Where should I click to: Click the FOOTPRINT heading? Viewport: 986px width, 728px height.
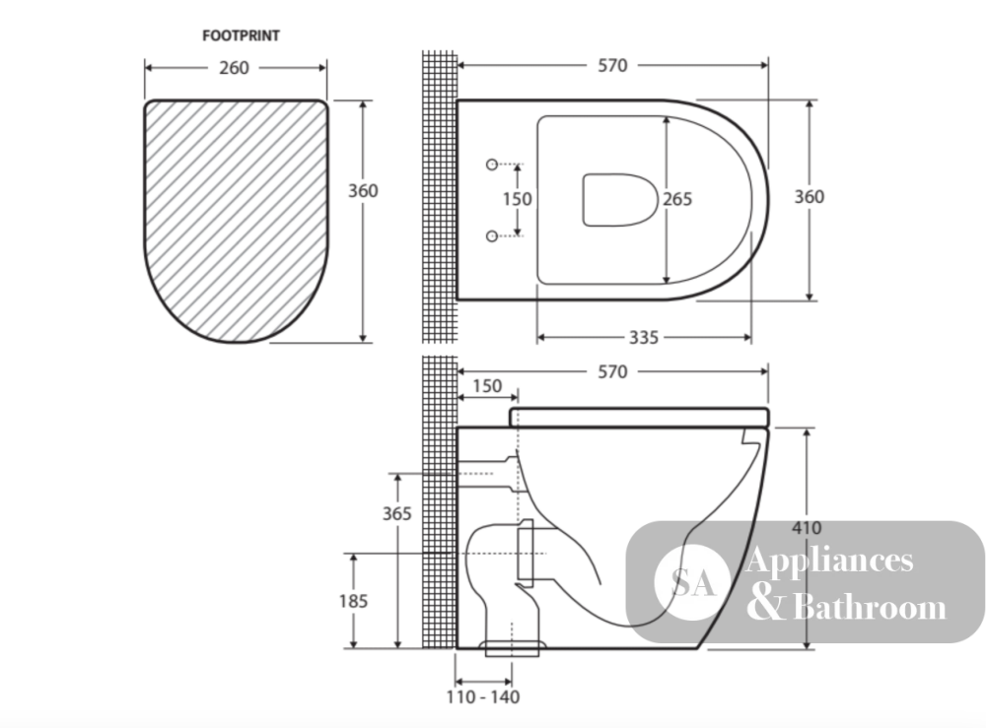pos(241,35)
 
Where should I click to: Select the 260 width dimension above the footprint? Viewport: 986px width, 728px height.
pos(234,68)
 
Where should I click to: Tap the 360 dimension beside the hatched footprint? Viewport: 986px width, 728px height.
pos(364,190)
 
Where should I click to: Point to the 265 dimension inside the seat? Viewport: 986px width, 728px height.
pos(677,199)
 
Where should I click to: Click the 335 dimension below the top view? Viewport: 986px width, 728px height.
pos(644,338)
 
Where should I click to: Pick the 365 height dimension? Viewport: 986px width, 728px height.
pos(397,514)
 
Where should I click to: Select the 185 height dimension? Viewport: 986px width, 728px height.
pos(353,601)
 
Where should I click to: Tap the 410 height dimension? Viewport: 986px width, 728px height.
pos(807,528)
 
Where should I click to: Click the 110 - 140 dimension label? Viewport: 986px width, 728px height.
pos(483,696)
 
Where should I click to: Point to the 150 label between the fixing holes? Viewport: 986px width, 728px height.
pos(517,199)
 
